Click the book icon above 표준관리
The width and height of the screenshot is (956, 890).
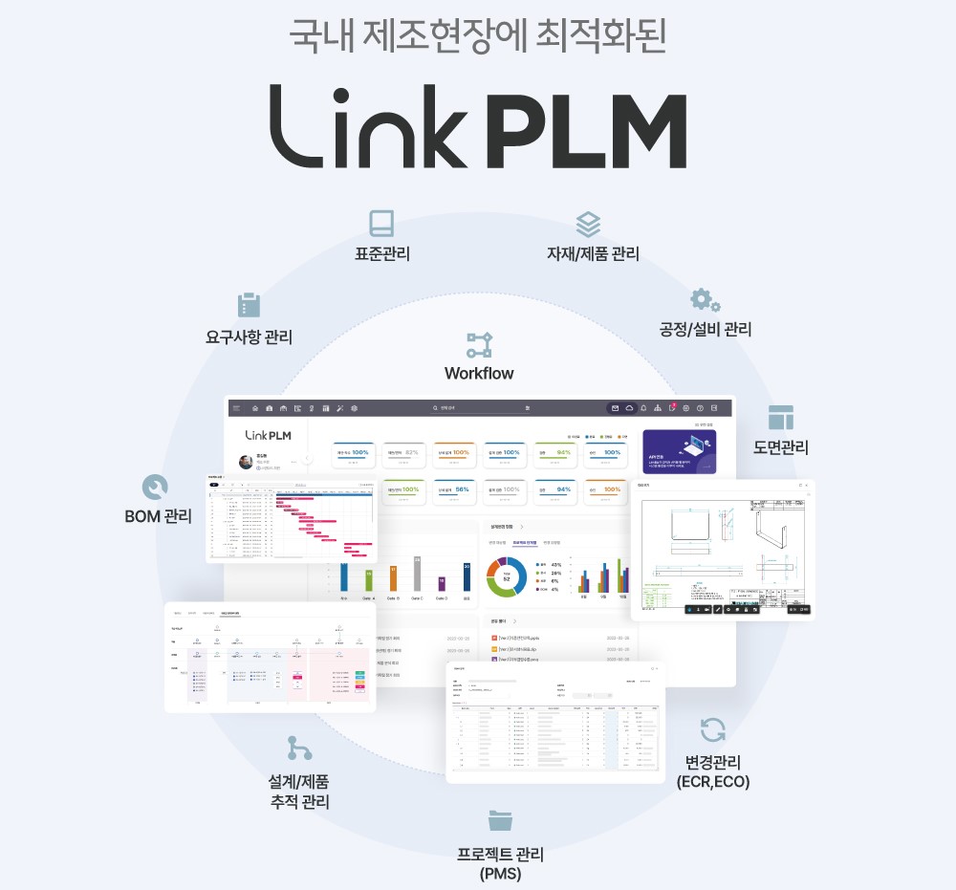[x=381, y=224]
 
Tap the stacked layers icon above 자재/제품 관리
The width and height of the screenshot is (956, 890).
[x=588, y=225]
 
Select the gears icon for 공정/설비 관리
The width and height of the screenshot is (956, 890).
[x=706, y=300]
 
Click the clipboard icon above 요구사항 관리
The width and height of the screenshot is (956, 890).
[x=249, y=305]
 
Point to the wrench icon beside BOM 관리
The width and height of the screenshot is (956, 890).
[x=153, y=488]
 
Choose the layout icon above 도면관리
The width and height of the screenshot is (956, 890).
[x=781, y=418]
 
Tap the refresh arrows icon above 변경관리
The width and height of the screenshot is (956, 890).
[x=713, y=730]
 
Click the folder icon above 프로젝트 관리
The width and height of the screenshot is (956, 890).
[x=500, y=819]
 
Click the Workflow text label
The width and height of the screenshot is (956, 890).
[x=479, y=374]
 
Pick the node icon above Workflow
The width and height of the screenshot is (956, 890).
[x=479, y=344]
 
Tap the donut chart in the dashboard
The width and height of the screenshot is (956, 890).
[x=507, y=576]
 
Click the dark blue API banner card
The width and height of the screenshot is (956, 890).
[x=679, y=451]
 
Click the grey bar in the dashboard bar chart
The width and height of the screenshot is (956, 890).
[x=417, y=575]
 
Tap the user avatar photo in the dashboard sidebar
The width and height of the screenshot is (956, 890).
[x=246, y=462]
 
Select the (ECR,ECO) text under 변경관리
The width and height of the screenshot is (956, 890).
[x=712, y=782]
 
